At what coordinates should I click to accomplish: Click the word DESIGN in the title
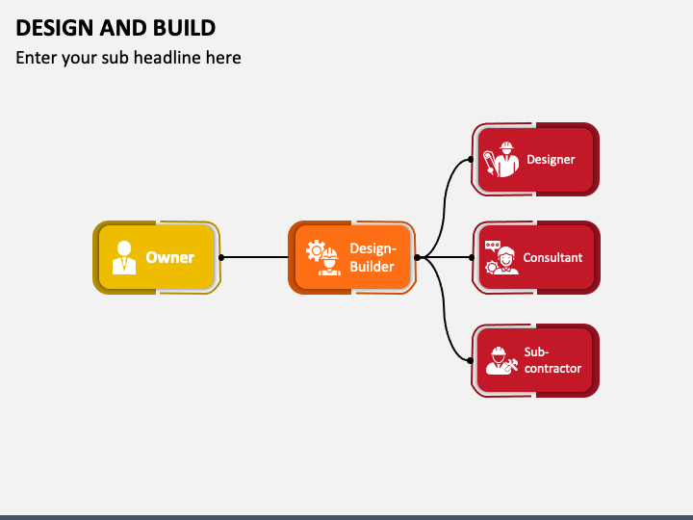(55, 28)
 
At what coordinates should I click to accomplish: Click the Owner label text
(170, 257)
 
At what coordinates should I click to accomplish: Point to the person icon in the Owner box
(124, 257)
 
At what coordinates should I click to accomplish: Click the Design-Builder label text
(372, 257)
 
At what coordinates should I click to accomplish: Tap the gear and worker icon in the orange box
(323, 257)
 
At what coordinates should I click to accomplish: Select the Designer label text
(551, 159)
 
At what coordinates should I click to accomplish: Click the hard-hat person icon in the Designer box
(501, 159)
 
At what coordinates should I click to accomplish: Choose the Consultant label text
(552, 257)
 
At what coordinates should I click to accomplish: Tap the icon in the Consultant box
(501, 257)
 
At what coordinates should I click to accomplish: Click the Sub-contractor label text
(552, 360)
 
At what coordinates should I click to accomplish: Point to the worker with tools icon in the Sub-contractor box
(501, 360)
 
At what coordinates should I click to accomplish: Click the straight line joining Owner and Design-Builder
(255, 257)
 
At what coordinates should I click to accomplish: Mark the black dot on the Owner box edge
(221, 257)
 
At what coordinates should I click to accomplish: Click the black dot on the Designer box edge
(471, 159)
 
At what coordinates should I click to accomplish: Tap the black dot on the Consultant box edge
(472, 257)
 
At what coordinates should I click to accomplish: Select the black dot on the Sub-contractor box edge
(471, 361)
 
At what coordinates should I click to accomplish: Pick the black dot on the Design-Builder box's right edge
(417, 257)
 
